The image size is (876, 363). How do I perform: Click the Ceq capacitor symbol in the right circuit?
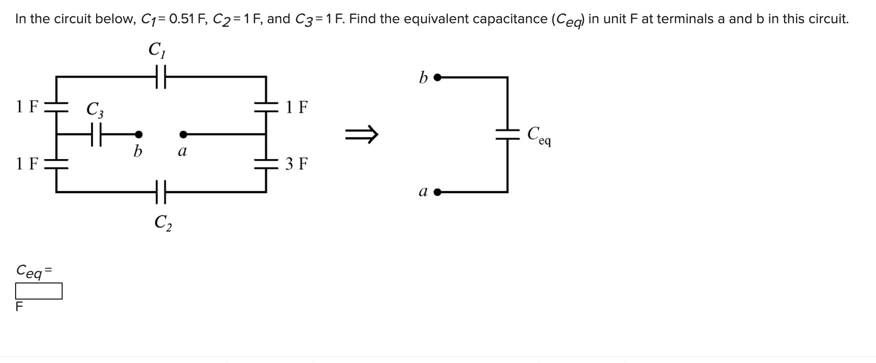[508, 134]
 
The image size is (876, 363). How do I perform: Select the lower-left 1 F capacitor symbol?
[56, 164]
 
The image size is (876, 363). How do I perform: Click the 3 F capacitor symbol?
[266, 164]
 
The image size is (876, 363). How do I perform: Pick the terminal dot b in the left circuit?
[139, 134]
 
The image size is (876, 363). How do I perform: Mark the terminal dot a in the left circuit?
[183, 134]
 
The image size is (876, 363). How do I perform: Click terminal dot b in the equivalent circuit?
[438, 77]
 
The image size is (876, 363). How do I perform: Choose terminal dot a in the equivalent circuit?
[438, 192]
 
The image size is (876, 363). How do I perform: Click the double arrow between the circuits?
[362, 134]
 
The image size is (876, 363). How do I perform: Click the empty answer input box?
[39, 291]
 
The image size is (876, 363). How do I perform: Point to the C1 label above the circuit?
[157, 50]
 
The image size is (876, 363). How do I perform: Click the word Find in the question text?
[363, 19]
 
